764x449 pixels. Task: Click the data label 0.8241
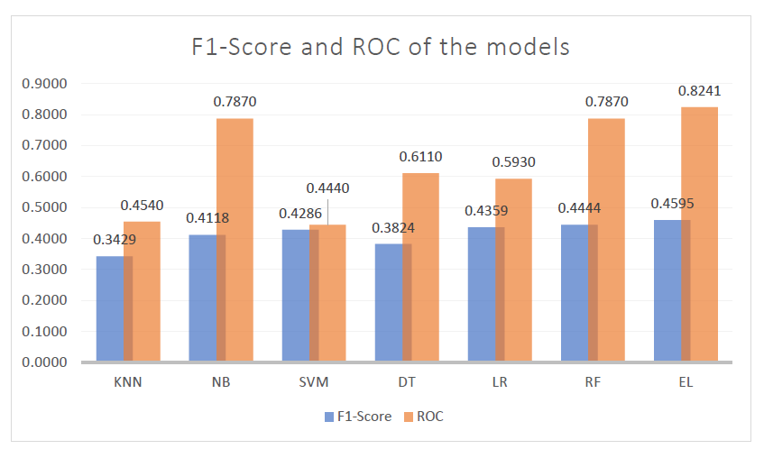point(699,91)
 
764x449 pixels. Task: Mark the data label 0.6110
point(420,157)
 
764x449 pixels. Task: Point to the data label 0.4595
point(672,204)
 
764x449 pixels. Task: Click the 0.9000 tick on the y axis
point(45,84)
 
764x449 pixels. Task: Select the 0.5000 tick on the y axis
point(45,207)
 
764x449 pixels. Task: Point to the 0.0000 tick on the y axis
point(45,362)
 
